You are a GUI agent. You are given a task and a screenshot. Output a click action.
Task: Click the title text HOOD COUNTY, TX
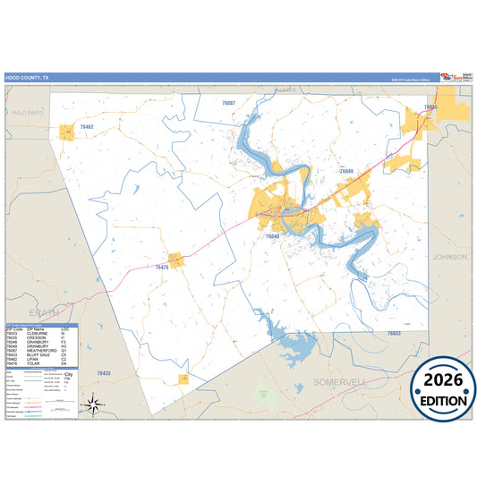(29, 78)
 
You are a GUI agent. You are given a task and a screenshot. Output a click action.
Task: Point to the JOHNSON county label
(449, 257)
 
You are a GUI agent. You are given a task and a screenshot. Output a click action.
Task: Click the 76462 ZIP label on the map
(86, 127)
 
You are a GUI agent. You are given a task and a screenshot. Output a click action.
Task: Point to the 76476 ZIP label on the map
(162, 267)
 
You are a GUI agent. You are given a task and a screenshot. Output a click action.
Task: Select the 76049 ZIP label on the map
(346, 170)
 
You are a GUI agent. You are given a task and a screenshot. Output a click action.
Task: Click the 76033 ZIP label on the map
(394, 333)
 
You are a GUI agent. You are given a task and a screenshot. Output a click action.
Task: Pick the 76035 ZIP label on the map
(430, 107)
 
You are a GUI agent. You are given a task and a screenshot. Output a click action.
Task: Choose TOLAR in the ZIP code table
(37, 363)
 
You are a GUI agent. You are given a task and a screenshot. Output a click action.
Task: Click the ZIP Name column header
(37, 328)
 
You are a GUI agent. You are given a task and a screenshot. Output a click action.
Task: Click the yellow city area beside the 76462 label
(65, 132)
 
